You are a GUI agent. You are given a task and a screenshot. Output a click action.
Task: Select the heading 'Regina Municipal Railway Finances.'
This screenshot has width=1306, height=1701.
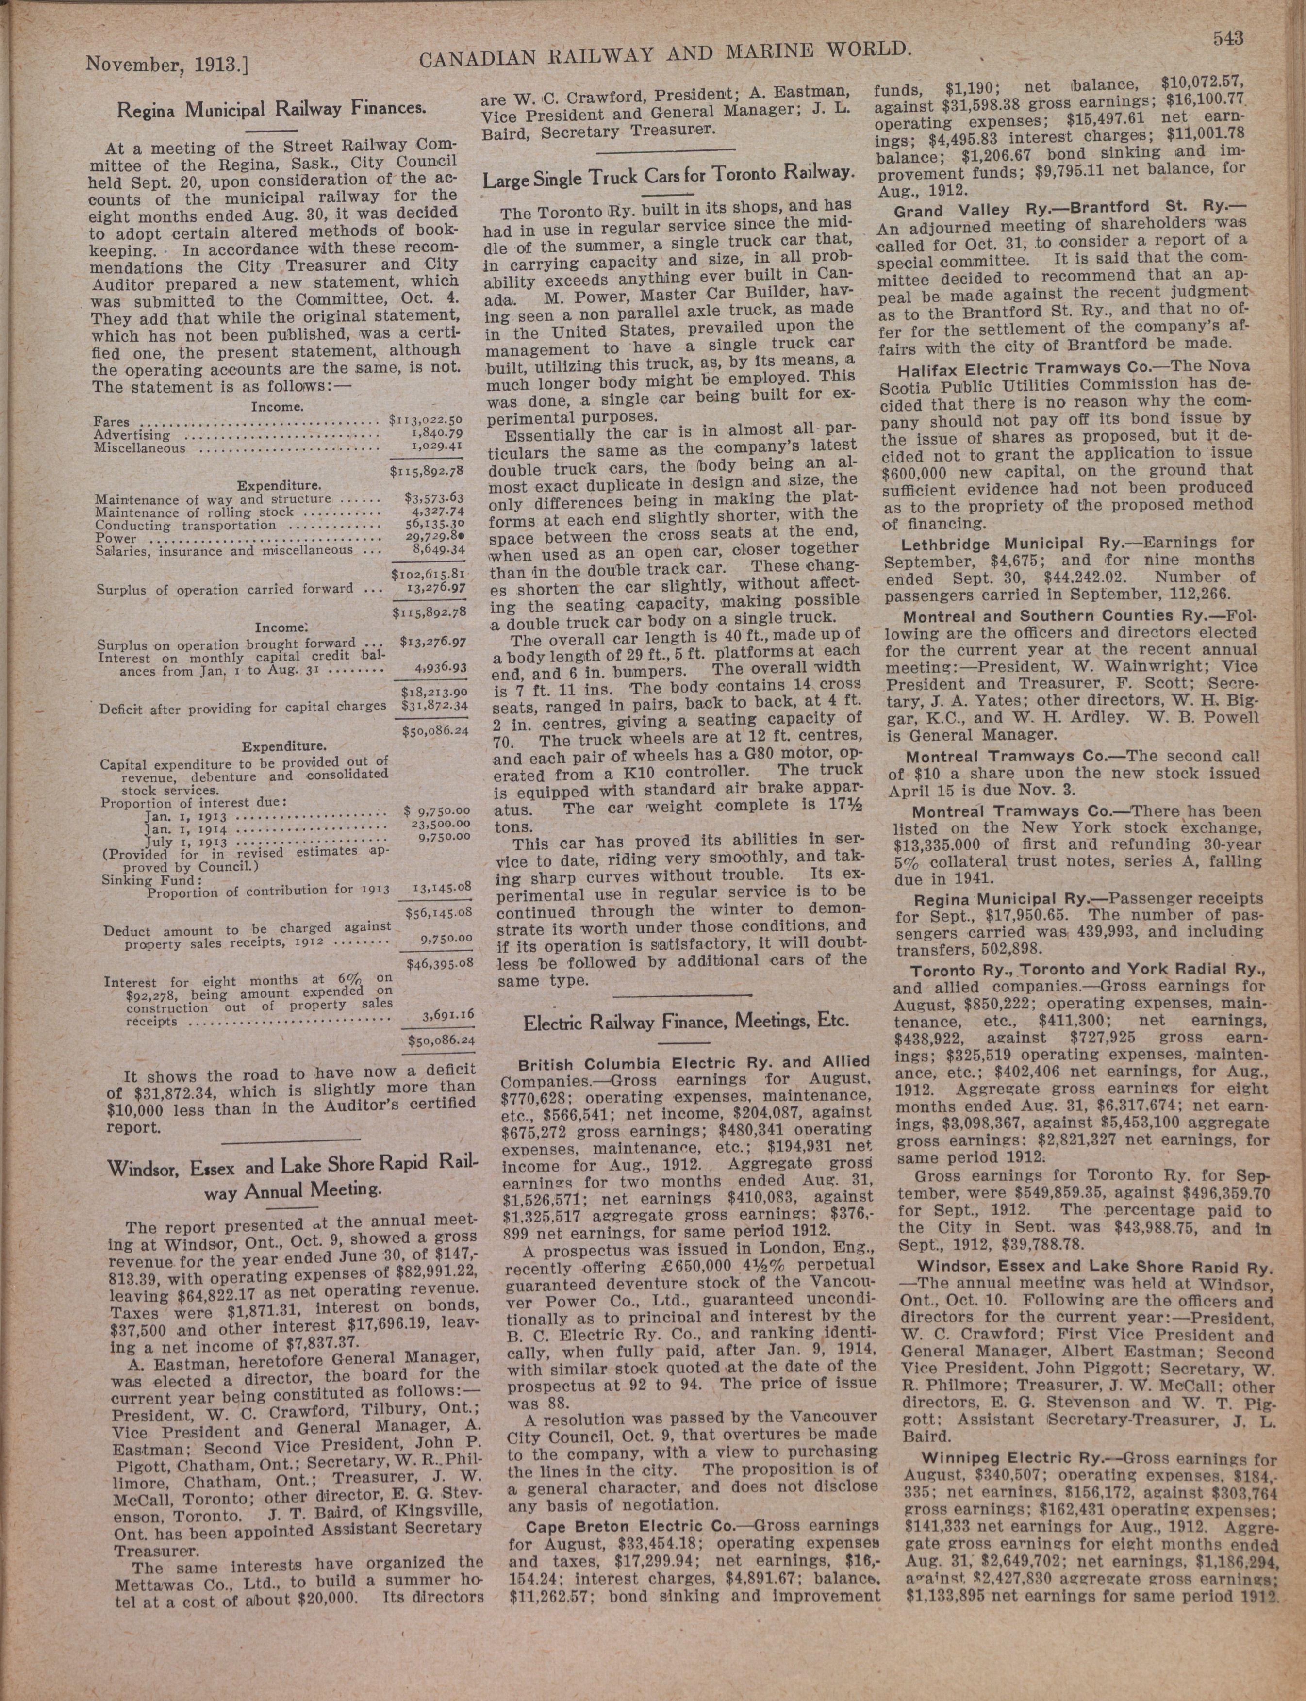pyautogui.click(x=271, y=109)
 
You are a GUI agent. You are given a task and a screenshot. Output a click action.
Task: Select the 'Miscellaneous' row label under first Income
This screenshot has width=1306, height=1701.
pyautogui.click(x=140, y=448)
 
